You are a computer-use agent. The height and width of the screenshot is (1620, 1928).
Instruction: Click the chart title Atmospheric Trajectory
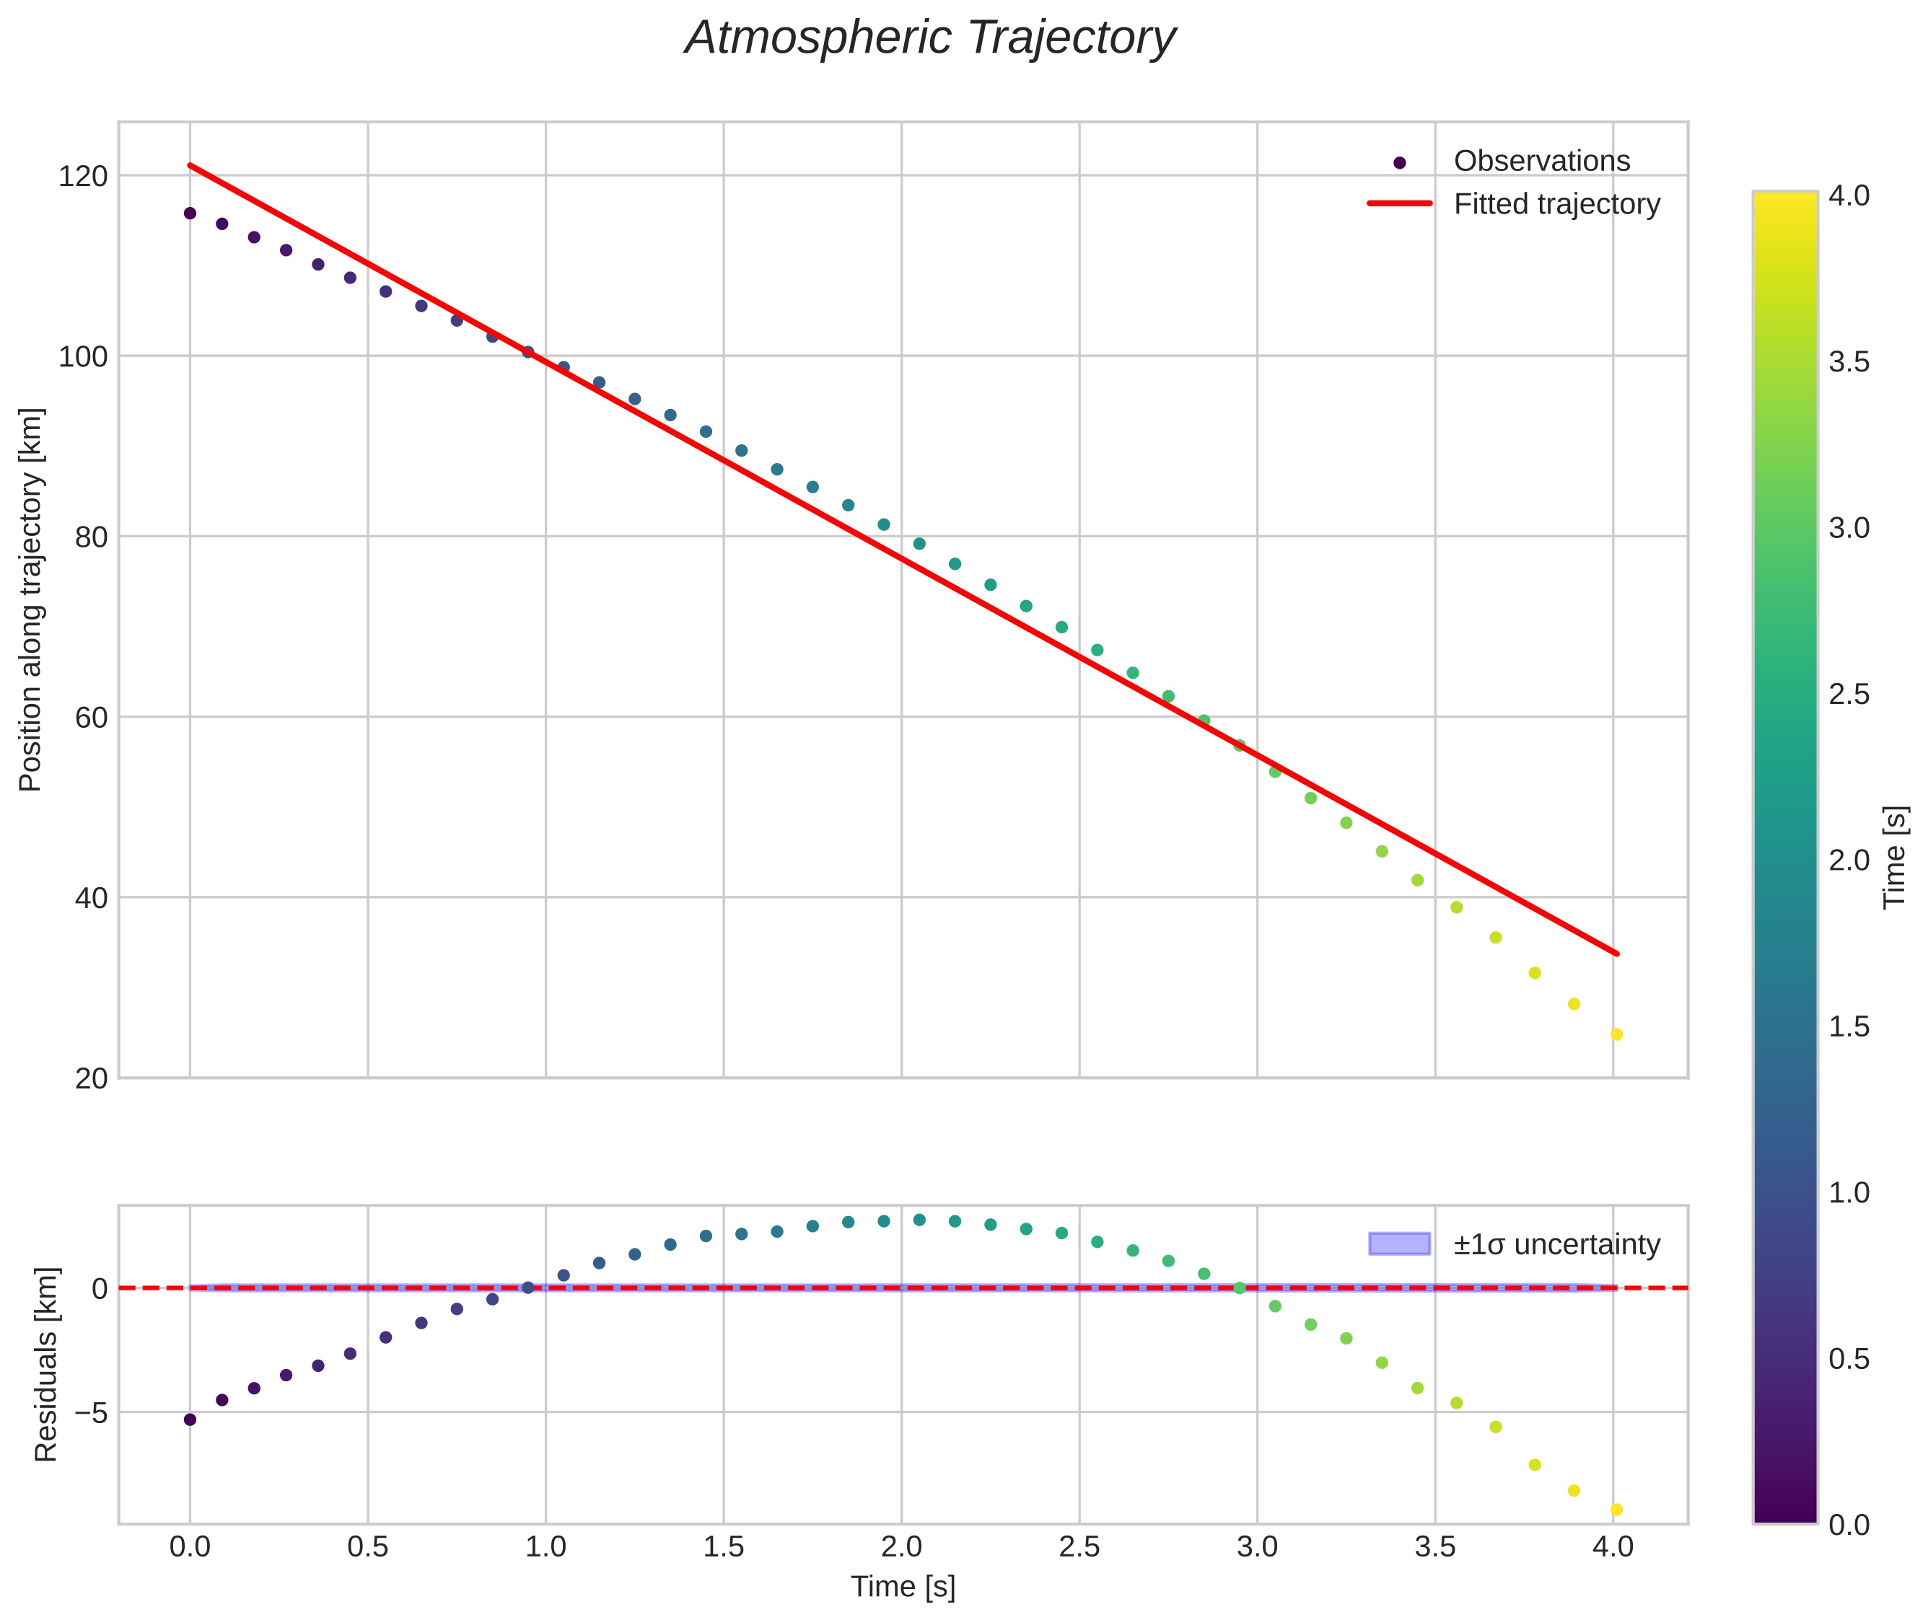tap(929, 38)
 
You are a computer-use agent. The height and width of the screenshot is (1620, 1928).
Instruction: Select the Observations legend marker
tap(1399, 162)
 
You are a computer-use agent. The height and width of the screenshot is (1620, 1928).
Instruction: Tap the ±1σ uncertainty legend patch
tap(1399, 1243)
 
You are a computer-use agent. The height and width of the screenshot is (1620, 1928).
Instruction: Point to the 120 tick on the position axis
tap(83, 175)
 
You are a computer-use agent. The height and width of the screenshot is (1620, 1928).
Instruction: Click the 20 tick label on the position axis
tap(91, 1079)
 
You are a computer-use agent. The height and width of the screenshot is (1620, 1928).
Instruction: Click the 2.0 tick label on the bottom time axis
tap(901, 1547)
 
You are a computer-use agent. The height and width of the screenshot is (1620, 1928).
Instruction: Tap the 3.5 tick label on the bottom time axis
tap(1434, 1547)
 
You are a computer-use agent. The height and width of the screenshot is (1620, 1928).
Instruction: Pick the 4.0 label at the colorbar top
tap(1848, 195)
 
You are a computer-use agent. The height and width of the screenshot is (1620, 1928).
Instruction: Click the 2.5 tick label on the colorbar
tap(1848, 695)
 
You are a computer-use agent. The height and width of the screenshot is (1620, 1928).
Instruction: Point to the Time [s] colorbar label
tap(1896, 857)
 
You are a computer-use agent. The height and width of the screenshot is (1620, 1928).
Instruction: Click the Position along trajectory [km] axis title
tap(31, 599)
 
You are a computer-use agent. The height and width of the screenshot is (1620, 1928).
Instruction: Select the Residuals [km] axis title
tap(46, 1364)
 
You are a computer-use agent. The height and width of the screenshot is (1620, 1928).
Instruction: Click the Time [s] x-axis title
tap(903, 1587)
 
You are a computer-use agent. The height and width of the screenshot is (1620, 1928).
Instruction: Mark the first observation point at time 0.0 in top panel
tap(190, 213)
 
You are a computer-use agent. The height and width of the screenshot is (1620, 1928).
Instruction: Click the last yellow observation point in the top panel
tap(1616, 1035)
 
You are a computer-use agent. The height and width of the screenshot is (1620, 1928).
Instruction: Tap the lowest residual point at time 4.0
tap(1616, 1510)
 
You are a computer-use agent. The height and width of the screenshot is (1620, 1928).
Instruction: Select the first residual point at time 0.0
tap(190, 1419)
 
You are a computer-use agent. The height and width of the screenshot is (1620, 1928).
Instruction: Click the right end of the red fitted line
tap(1616, 954)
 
